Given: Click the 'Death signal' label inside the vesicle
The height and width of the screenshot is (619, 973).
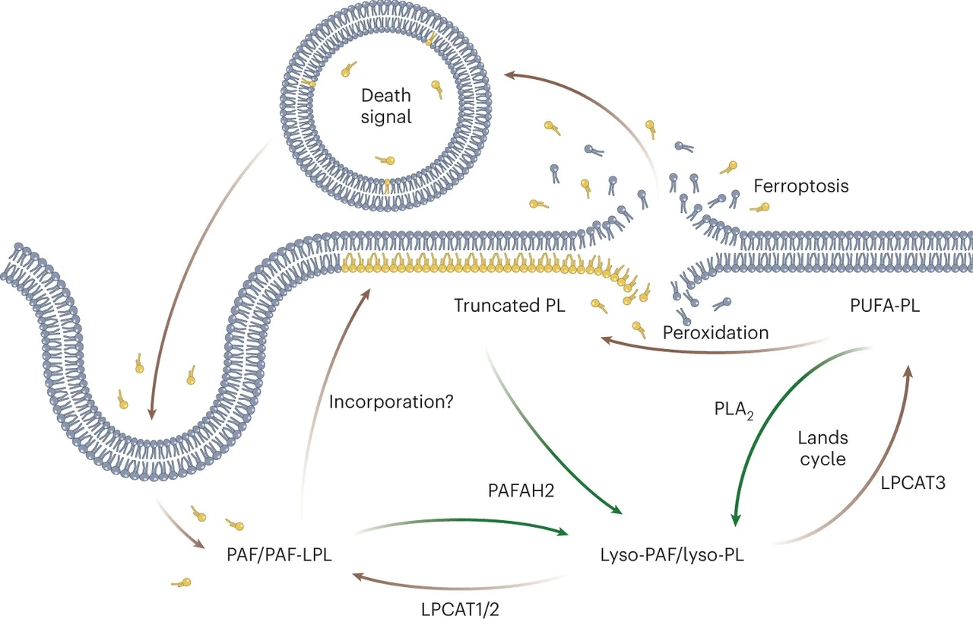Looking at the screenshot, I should click(x=386, y=106).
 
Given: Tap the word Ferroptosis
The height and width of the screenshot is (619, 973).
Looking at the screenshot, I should click(x=800, y=186).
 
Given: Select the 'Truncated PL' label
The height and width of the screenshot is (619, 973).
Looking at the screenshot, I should click(x=510, y=306).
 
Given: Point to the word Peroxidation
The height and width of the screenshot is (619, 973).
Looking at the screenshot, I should click(x=715, y=332).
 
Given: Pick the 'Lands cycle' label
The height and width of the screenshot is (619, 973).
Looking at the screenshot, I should click(x=823, y=449).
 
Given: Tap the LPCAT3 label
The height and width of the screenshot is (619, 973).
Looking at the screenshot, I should click(x=913, y=481).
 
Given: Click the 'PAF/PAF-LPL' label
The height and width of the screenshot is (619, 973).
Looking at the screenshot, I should click(x=279, y=555).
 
